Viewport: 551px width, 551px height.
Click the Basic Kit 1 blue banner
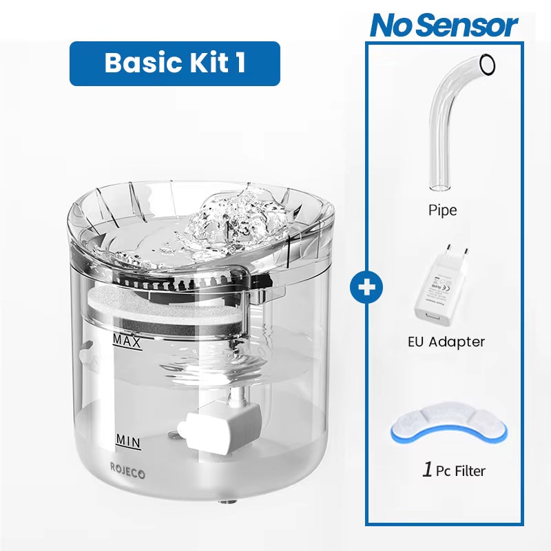tap(175, 63)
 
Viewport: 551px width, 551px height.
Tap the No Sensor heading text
tap(444, 25)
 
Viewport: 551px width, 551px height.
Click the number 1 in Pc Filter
tap(428, 470)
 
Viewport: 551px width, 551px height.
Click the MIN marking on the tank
tap(128, 440)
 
